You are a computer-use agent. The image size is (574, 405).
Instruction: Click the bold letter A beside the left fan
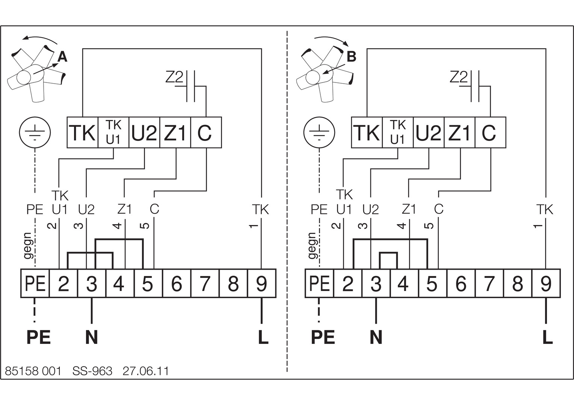[62, 57]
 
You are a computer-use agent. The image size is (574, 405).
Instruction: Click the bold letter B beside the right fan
[351, 57]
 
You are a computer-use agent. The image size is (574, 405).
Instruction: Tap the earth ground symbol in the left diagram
[35, 132]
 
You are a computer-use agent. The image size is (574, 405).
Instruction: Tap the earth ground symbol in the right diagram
[319, 132]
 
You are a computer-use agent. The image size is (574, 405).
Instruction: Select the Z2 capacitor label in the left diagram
[174, 77]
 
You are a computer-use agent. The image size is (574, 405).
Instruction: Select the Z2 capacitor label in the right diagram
[458, 77]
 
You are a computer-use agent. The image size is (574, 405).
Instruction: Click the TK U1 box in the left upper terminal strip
[113, 132]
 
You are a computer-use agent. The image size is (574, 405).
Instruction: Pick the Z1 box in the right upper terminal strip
[459, 132]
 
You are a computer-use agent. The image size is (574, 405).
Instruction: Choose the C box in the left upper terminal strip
[206, 132]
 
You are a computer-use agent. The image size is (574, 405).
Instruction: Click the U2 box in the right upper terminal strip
[429, 132]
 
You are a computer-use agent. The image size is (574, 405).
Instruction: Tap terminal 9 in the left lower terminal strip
[261, 283]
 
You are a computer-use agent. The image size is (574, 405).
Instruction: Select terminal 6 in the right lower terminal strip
[461, 283]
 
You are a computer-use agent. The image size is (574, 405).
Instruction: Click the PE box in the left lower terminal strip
[35, 283]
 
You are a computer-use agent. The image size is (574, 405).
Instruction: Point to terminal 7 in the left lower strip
[205, 283]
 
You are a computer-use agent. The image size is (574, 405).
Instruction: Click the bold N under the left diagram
[92, 337]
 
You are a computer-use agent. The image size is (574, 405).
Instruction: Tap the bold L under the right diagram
[547, 337]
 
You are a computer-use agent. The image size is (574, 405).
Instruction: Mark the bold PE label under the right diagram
[323, 337]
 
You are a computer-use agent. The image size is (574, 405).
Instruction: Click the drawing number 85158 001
[33, 371]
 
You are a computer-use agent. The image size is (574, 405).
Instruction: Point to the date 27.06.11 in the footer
[146, 371]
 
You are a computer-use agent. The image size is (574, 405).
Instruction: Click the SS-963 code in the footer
[92, 371]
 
